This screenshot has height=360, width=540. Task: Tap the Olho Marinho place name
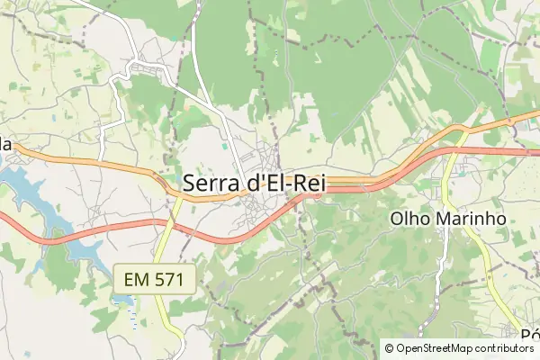(448, 218)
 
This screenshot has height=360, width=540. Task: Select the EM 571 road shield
(154, 279)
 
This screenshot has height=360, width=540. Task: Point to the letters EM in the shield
(136, 279)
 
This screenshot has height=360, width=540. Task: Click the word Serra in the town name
(211, 182)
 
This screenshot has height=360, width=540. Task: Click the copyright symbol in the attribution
(389, 348)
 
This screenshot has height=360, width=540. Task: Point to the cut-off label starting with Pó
(529, 335)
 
